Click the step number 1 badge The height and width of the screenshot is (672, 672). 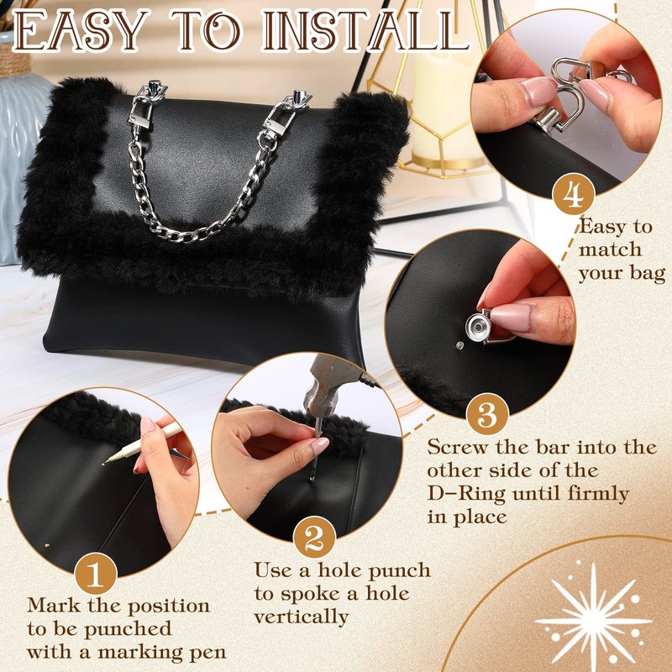click(x=96, y=574)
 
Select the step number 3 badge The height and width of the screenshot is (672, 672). click(x=487, y=414)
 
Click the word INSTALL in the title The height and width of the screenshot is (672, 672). click(x=365, y=30)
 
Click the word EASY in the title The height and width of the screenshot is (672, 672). click(x=81, y=31)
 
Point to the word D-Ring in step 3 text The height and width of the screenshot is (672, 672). click(x=466, y=494)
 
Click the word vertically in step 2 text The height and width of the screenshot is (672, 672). click(x=302, y=617)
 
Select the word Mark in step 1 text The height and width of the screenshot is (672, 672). click(x=54, y=605)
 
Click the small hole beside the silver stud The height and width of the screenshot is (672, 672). click(x=459, y=345)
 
